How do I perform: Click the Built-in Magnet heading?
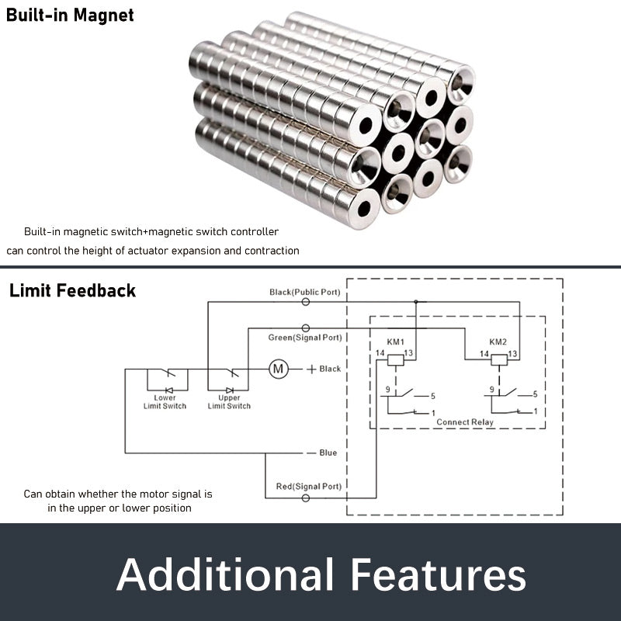(70, 16)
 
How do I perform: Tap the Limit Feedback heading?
(72, 291)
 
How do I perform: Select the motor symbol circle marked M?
(278, 369)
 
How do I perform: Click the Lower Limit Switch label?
(165, 402)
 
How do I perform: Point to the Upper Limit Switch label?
(229, 402)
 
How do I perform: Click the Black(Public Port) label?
(304, 292)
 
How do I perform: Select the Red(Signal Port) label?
(308, 487)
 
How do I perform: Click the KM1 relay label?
(397, 342)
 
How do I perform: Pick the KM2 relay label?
(498, 342)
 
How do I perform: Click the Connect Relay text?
(465, 422)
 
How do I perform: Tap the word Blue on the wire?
(328, 453)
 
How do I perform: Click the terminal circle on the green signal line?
(305, 328)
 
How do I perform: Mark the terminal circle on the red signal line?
(305, 497)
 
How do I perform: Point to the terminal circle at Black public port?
(305, 301)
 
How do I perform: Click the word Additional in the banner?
(225, 576)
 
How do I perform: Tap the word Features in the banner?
(438, 576)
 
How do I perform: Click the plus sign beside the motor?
(311, 369)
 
